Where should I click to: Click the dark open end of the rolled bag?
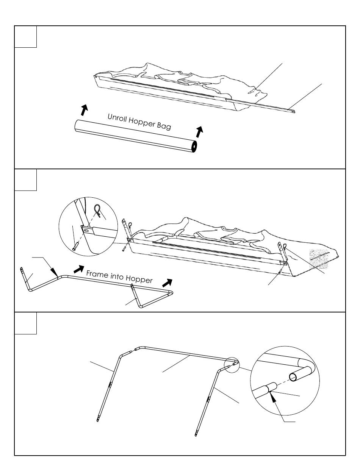(x=194, y=147)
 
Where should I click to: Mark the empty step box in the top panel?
(x=25, y=37)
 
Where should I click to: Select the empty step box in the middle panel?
(x=25, y=180)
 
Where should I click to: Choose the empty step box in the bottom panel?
(x=25, y=323)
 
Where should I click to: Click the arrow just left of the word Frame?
(x=78, y=269)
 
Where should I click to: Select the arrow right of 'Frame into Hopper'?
(x=167, y=282)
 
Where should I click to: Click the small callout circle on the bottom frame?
(x=231, y=364)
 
